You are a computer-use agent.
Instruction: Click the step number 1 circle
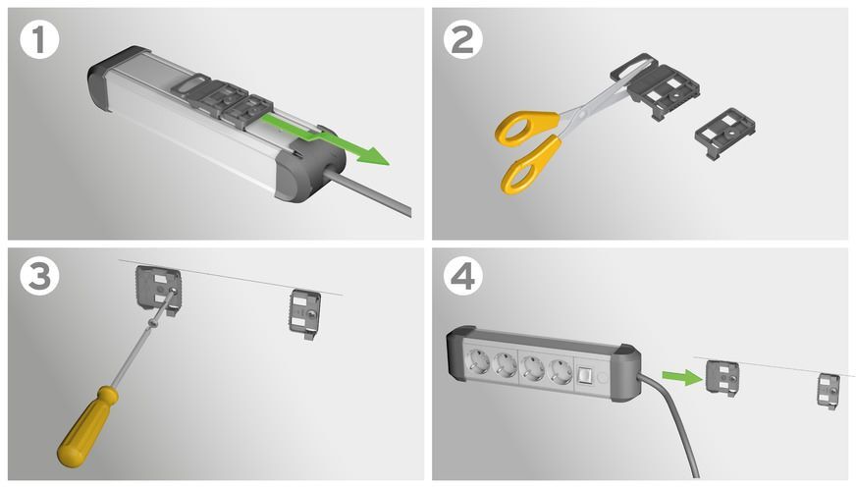click(x=38, y=41)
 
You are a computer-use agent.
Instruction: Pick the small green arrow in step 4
click(x=677, y=374)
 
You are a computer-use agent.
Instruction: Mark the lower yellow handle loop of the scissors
click(x=530, y=165)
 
